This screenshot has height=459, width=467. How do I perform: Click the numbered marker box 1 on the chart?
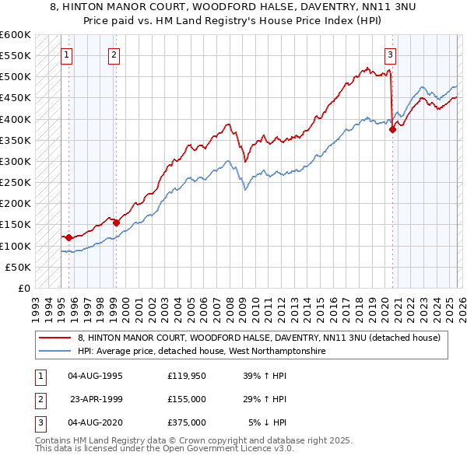(68, 54)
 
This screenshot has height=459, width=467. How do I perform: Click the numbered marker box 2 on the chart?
(114, 54)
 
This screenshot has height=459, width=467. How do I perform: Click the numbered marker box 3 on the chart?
(390, 54)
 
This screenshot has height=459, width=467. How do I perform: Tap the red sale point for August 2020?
(392, 130)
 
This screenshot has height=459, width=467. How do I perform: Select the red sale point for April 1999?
(117, 222)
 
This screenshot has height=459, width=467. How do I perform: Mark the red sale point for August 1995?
(68, 237)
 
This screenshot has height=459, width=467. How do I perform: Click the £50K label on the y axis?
(18, 267)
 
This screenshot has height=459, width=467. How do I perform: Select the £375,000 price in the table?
(187, 422)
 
